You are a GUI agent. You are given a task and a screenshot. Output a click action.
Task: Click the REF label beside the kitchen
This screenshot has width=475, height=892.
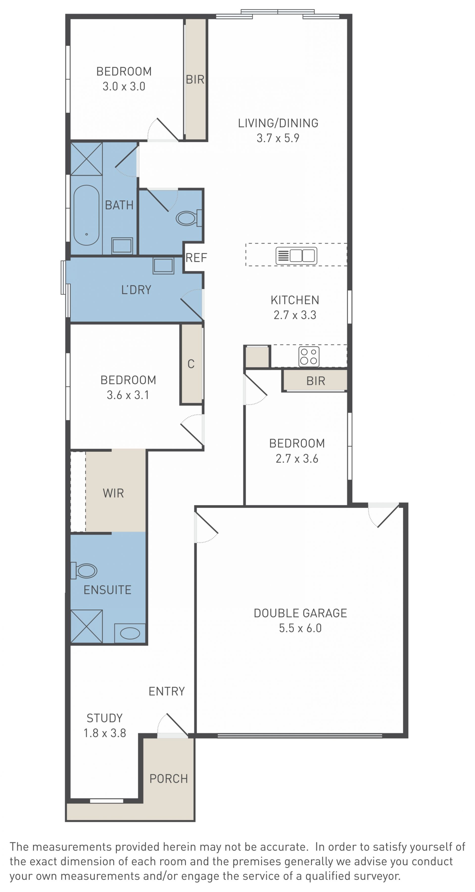point(196,258)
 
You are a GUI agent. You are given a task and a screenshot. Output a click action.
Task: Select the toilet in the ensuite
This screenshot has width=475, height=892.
point(84,571)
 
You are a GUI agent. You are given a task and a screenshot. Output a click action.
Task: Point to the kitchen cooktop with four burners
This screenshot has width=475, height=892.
point(309,356)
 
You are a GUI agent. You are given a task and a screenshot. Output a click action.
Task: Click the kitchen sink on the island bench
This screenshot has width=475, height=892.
point(296,256)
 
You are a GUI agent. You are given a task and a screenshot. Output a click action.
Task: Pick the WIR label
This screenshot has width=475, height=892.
point(113,493)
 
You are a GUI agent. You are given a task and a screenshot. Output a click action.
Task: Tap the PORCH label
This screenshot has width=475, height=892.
point(168,779)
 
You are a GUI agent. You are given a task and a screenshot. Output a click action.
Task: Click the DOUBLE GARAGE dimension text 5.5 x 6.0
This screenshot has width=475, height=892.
point(300,628)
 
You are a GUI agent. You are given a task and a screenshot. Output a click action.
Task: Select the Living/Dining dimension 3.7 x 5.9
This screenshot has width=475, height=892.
point(278,138)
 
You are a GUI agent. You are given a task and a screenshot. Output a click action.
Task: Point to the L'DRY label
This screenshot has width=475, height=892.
point(136,289)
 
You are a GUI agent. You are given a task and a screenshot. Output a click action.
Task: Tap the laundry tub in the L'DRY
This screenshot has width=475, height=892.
point(163,265)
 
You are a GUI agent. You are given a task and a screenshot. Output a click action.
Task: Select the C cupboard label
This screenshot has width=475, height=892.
point(191,364)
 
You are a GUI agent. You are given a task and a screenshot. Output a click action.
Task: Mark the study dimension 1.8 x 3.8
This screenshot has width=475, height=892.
point(105,733)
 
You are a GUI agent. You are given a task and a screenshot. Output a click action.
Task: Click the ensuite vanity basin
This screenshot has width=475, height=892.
point(130,633)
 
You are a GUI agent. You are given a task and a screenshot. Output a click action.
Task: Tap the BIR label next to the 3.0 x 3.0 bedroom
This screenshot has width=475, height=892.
point(195,80)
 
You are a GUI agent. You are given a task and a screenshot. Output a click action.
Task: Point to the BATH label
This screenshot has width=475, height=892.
point(119,205)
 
